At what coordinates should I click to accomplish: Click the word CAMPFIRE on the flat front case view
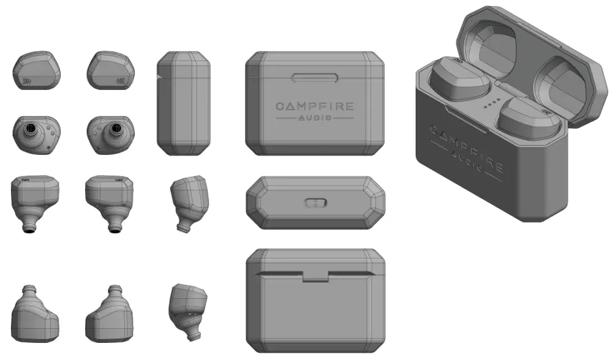pyautogui.click(x=315, y=107)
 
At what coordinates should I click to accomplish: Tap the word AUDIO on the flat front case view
pyautogui.click(x=315, y=118)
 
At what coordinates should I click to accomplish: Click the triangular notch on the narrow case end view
pyautogui.click(x=159, y=77)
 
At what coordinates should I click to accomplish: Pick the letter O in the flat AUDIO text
pyautogui.click(x=331, y=118)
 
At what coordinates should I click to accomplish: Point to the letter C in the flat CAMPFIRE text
pyautogui.click(x=279, y=107)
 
